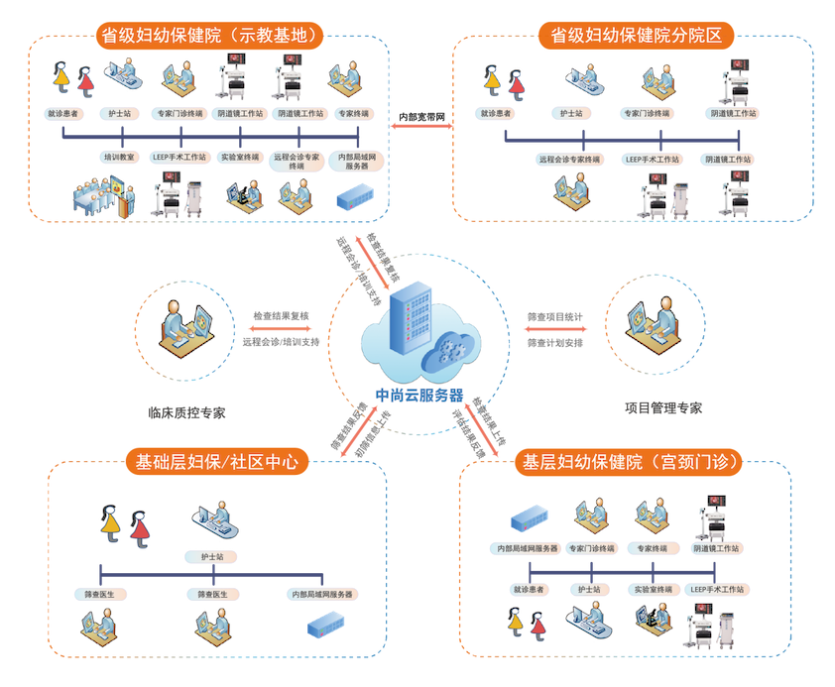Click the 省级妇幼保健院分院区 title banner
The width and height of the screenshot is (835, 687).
point(636,37)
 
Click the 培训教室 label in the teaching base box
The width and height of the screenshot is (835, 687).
point(120,157)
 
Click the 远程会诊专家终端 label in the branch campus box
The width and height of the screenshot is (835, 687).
point(570,159)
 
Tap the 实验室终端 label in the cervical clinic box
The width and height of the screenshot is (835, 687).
point(650,589)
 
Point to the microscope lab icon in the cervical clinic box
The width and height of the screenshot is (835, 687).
point(650,624)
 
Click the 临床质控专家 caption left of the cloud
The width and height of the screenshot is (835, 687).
point(185,408)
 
